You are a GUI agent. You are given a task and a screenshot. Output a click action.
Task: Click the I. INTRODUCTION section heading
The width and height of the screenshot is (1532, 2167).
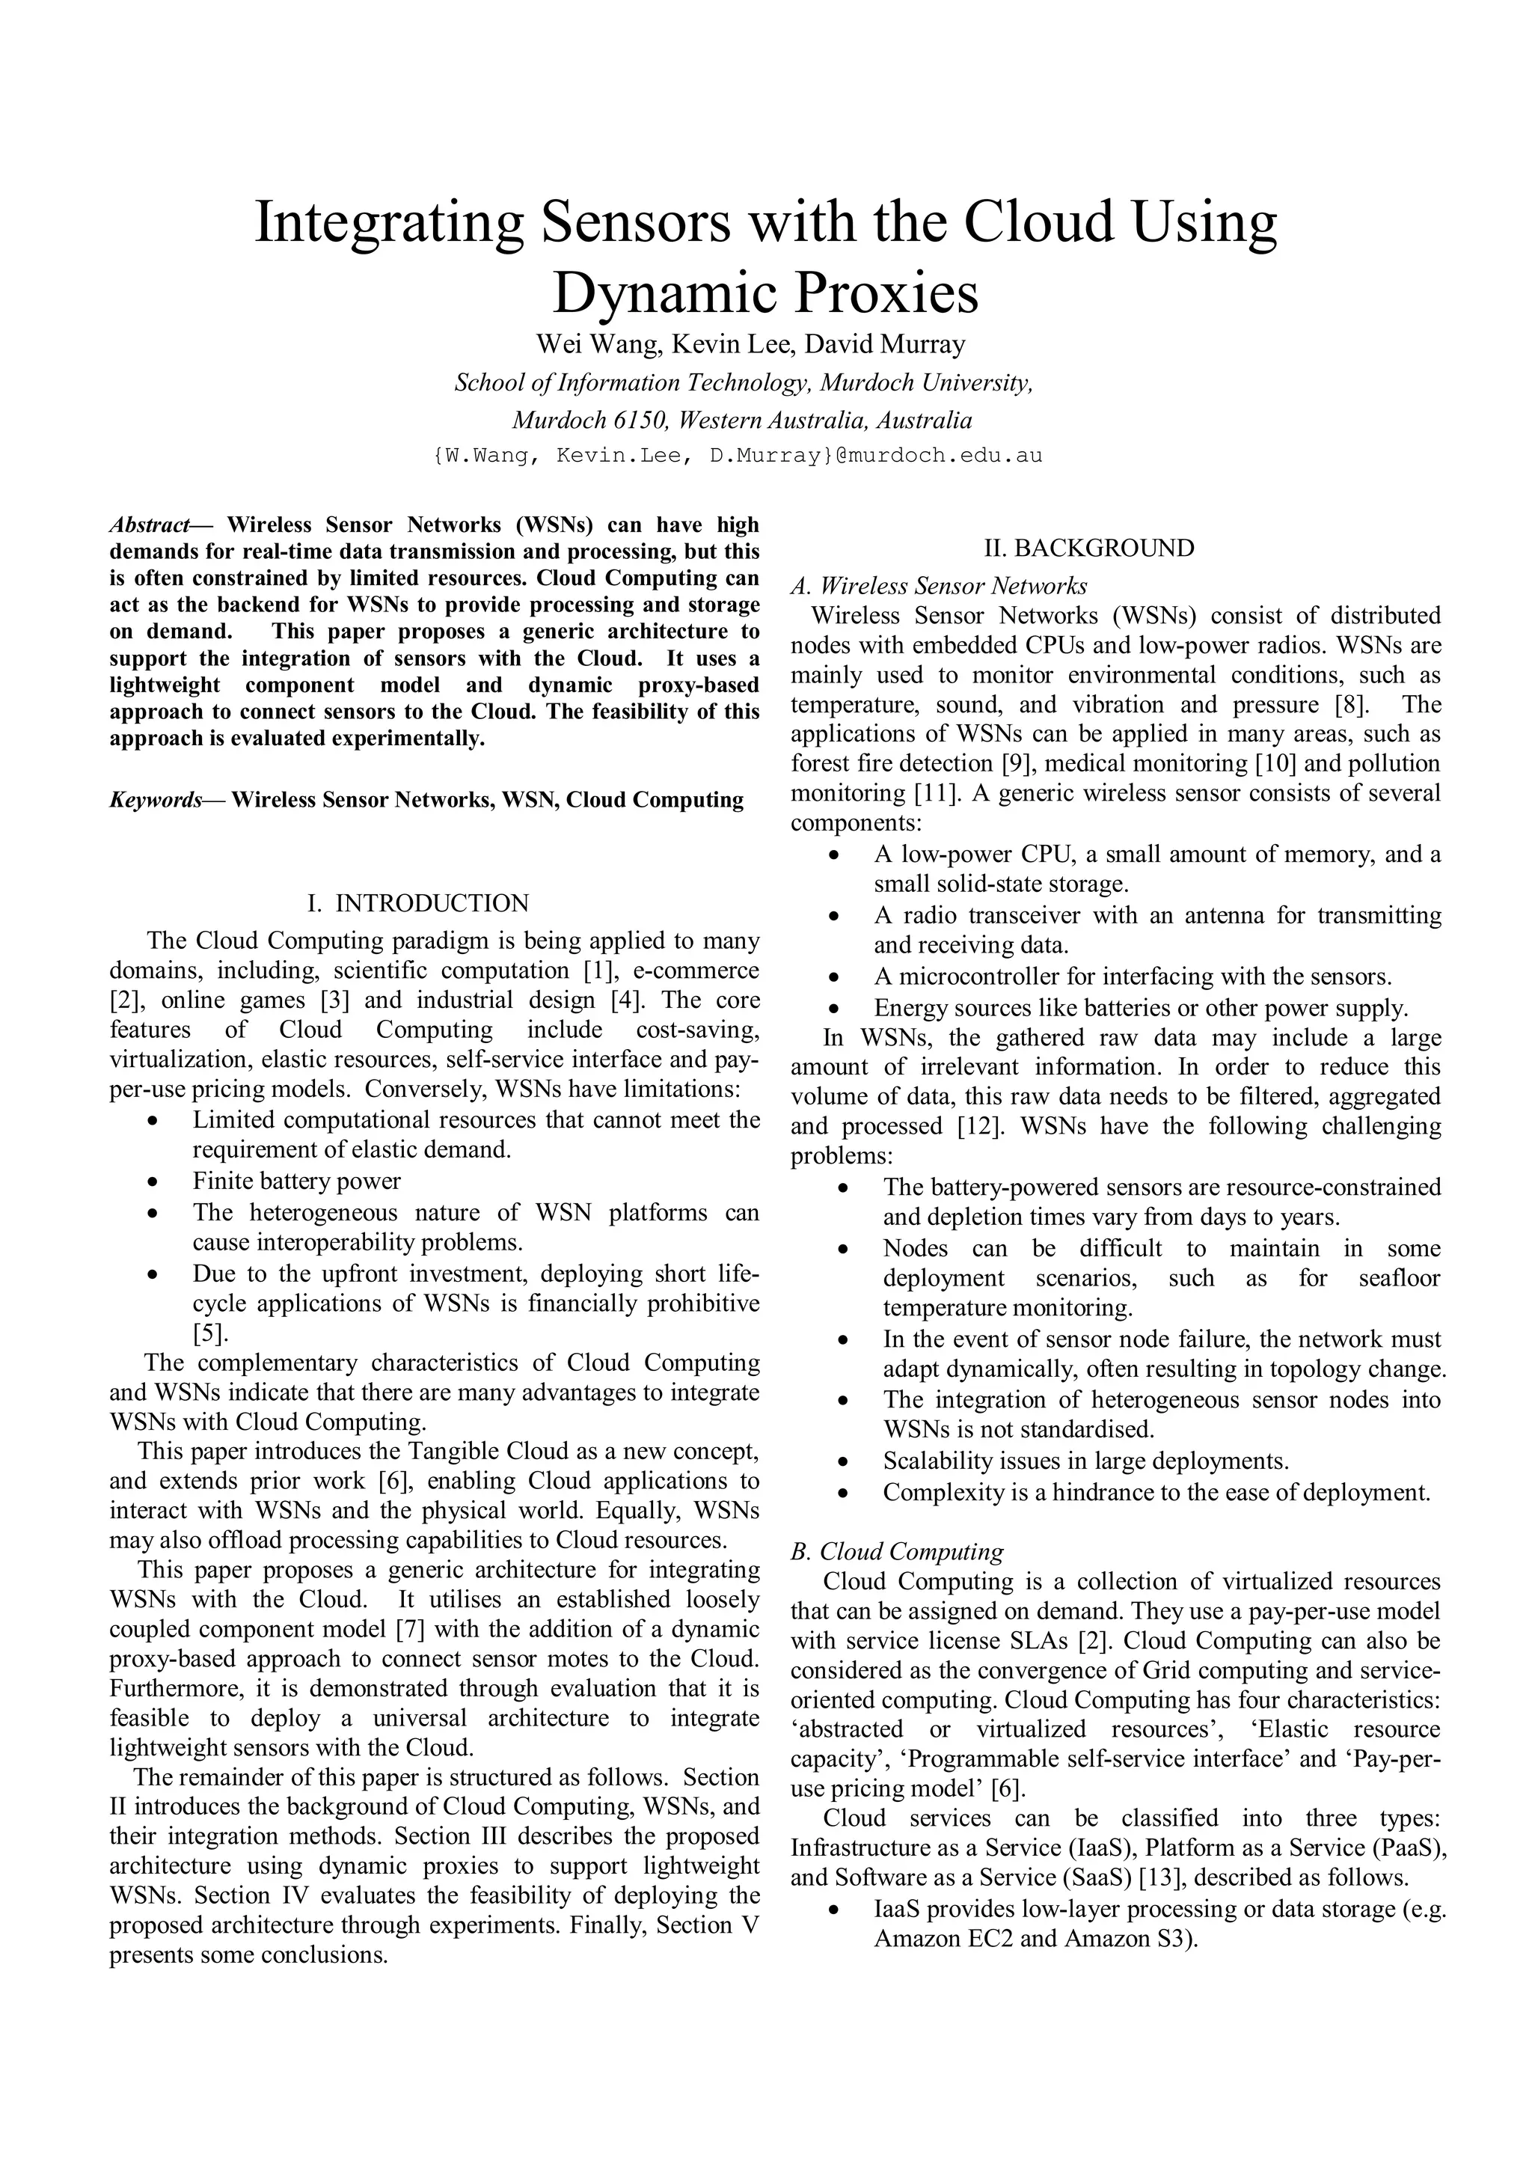[419, 903]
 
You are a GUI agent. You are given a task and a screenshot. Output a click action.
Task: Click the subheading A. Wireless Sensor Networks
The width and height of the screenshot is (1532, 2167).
[939, 586]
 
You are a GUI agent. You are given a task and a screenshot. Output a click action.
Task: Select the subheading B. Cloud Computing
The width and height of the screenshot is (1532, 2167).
[897, 1552]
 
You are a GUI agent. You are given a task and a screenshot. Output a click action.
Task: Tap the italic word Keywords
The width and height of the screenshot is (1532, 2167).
[155, 801]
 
